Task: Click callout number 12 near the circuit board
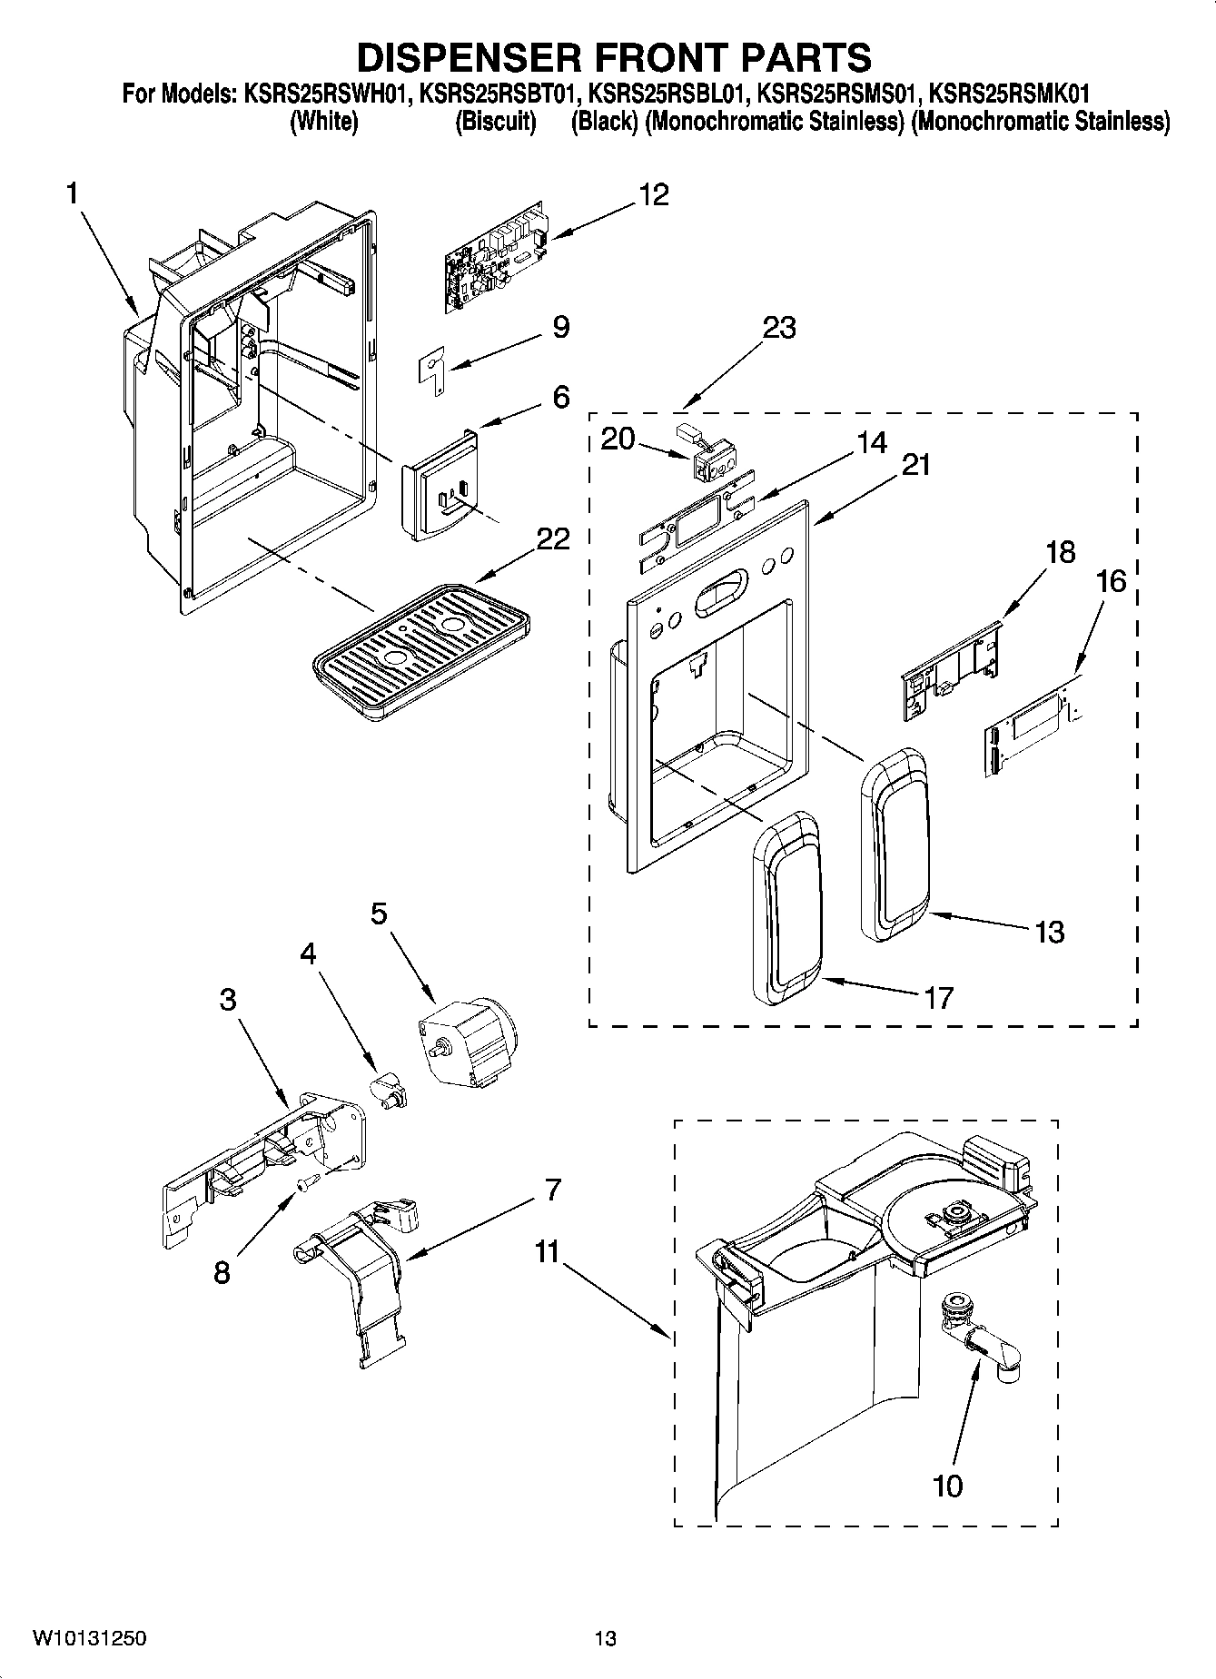pyautogui.click(x=653, y=194)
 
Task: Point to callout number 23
pyautogui.click(x=779, y=328)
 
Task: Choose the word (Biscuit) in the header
pyautogui.click(x=495, y=121)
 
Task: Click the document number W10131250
pyautogui.click(x=89, y=1639)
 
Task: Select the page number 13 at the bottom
pyautogui.click(x=606, y=1639)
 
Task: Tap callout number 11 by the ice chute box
pyautogui.click(x=546, y=1252)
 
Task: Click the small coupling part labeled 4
pyautogui.click(x=389, y=1089)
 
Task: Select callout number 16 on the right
pyautogui.click(x=1112, y=581)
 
